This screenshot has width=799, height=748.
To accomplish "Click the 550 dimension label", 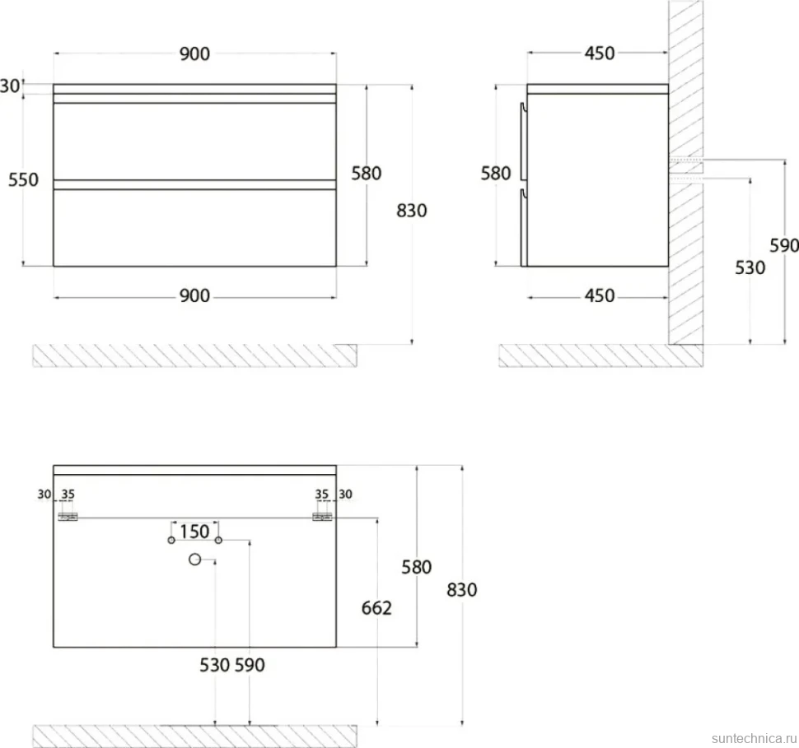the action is (23, 179).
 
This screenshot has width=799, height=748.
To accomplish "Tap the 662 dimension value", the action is (376, 608).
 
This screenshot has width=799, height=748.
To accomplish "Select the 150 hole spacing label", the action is (194, 532).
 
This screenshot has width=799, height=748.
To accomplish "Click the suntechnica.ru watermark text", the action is (755, 738).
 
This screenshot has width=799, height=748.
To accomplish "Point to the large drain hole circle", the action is (194, 559).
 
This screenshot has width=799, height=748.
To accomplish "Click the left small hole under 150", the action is (171, 540).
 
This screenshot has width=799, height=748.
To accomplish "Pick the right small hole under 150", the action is (218, 540).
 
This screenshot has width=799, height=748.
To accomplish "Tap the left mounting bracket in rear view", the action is (68, 517).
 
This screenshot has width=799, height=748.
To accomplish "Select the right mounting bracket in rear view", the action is (322, 517).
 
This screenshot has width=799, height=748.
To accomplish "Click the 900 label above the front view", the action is (194, 53).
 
